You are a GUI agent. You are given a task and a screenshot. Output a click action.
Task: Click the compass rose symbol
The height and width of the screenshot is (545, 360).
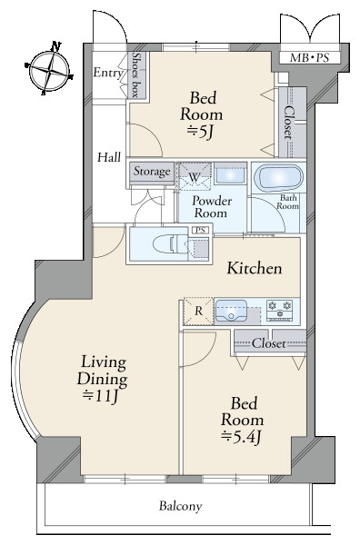click(49, 70)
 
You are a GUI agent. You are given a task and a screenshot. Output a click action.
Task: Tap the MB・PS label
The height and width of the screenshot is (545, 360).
click(309, 58)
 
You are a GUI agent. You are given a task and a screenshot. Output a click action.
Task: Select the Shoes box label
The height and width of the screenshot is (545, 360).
click(135, 74)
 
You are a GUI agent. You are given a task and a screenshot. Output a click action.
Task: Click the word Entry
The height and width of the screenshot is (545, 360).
click(108, 73)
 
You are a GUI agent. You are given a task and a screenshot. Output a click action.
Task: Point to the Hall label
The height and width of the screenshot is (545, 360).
click(109, 157)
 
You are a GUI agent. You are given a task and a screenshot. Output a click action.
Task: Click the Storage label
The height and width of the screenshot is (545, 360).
click(152, 171)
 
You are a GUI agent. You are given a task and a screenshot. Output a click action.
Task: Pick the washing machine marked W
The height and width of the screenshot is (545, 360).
click(194, 177)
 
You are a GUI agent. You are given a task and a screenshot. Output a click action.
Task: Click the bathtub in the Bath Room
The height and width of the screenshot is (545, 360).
click(278, 178)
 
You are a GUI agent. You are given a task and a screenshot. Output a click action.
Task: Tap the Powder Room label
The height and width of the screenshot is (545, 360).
click(212, 206)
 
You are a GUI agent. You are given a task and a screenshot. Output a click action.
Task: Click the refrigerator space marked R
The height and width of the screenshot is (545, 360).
click(198, 311)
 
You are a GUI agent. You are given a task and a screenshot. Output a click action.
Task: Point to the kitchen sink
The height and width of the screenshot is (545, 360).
click(231, 311)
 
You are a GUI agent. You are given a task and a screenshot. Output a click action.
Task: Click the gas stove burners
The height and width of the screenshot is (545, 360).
click(280, 309)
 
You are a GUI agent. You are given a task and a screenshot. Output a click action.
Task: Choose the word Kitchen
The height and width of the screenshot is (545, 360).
click(255, 268)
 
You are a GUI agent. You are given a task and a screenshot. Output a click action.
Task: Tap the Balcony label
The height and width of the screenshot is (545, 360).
click(181, 506)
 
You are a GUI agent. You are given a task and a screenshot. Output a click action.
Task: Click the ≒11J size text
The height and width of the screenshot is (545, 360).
click(101, 396)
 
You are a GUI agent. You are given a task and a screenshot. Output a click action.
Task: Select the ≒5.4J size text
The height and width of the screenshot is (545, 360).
click(241, 437)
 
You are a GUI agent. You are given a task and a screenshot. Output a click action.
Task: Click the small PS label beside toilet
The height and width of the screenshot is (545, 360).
click(200, 230)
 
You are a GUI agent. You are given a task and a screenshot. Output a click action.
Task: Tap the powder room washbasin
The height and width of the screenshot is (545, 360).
click(230, 173)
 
